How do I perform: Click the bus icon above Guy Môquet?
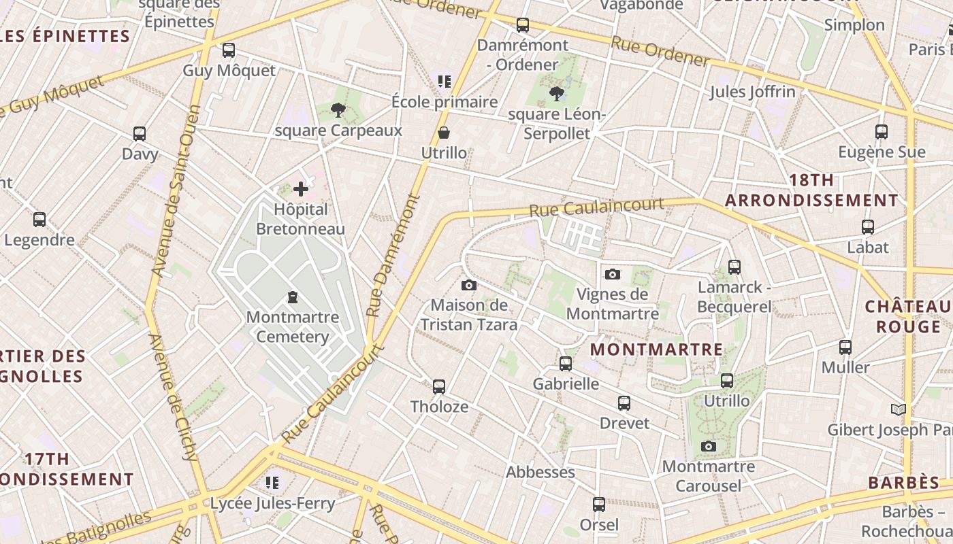(229, 50)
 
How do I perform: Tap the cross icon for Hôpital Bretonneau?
(301, 188)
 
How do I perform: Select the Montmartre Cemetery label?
(292, 327)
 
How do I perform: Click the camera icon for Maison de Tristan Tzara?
(469, 285)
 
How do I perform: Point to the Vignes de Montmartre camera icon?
(613, 274)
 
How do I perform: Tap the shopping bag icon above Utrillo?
(444, 132)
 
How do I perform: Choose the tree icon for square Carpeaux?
(338, 109)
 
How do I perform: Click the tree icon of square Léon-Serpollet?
(556, 93)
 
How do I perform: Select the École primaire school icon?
(445, 82)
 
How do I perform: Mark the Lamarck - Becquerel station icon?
(734, 267)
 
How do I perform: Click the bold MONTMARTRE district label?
(656, 350)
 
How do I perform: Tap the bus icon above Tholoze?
(439, 387)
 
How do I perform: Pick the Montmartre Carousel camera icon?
(709, 446)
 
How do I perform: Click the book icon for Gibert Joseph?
(899, 409)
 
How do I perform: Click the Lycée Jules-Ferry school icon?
(273, 483)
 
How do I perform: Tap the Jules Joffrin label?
(752, 91)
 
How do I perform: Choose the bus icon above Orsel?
(599, 505)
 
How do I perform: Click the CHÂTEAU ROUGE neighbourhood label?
(908, 316)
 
